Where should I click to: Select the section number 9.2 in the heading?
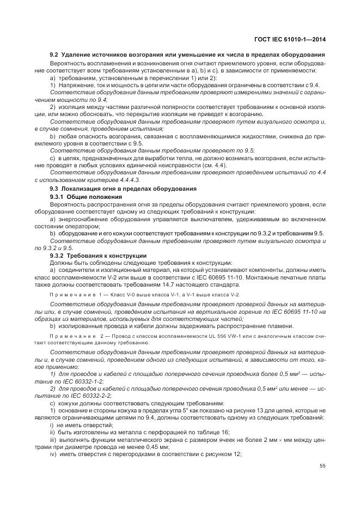[x=54, y=56]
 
